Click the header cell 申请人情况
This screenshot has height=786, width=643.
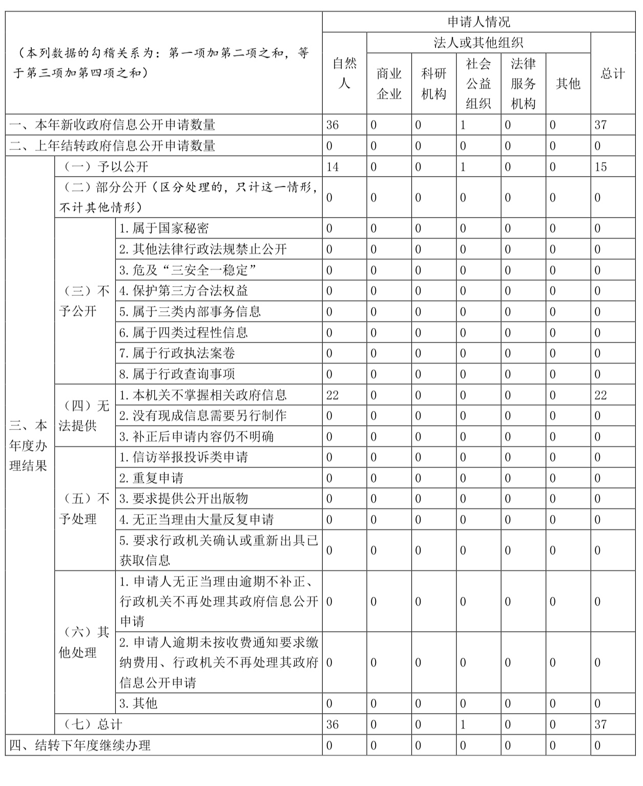click(x=479, y=22)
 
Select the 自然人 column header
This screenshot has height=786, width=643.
click(x=344, y=73)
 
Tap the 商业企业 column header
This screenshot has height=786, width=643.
click(x=389, y=83)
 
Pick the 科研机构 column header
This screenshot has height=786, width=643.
click(x=433, y=83)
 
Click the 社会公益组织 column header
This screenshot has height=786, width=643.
click(x=478, y=83)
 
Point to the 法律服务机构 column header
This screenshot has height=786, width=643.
click(x=523, y=83)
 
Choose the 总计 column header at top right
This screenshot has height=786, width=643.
click(x=613, y=73)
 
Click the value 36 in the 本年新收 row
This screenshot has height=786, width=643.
click(x=333, y=125)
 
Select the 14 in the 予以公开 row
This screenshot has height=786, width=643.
click(x=333, y=167)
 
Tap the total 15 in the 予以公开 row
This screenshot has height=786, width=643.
click(x=600, y=167)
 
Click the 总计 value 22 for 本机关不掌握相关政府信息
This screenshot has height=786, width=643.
click(x=600, y=395)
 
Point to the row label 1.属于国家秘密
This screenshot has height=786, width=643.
click(x=164, y=228)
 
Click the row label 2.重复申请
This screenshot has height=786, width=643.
click(x=151, y=478)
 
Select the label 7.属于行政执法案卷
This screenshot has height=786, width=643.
click(x=177, y=353)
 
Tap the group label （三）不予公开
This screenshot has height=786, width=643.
click(x=85, y=301)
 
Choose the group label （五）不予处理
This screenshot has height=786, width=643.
click(x=85, y=509)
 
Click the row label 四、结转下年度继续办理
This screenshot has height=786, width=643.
click(x=80, y=746)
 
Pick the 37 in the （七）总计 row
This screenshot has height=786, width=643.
click(x=600, y=725)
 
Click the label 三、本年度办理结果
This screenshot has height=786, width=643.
click(x=29, y=445)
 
